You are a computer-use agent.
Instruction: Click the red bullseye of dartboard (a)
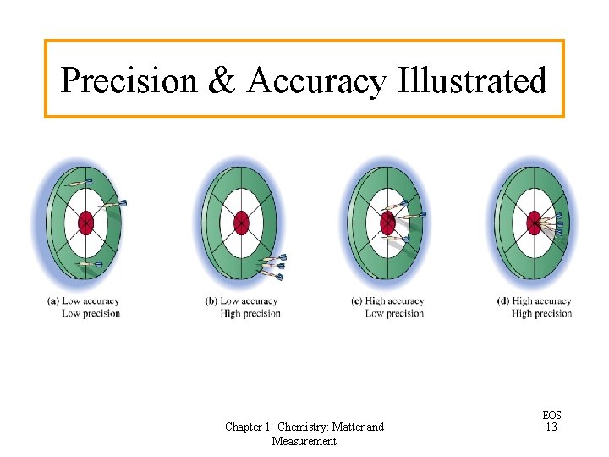coord(85,223)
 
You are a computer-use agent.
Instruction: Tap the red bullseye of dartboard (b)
coord(241,223)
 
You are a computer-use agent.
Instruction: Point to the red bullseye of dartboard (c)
coord(387,223)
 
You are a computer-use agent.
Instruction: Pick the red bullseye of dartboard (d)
coord(534,223)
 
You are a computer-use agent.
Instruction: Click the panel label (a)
coord(53,301)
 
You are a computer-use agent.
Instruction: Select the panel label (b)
coord(211,301)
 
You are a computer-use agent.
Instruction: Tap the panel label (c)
coord(357,301)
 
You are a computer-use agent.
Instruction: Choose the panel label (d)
coord(503,301)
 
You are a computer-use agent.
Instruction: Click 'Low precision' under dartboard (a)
coord(91,314)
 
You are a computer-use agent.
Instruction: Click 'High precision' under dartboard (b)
coord(250,314)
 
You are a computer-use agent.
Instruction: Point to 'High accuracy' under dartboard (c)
coord(395,301)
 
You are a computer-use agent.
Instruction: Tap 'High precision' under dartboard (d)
coord(542,314)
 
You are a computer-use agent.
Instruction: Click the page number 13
coord(551,427)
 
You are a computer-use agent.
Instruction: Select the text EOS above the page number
coord(551,416)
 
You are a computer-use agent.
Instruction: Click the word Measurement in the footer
coord(304,441)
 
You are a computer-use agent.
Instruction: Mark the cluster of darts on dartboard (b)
coord(272,266)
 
